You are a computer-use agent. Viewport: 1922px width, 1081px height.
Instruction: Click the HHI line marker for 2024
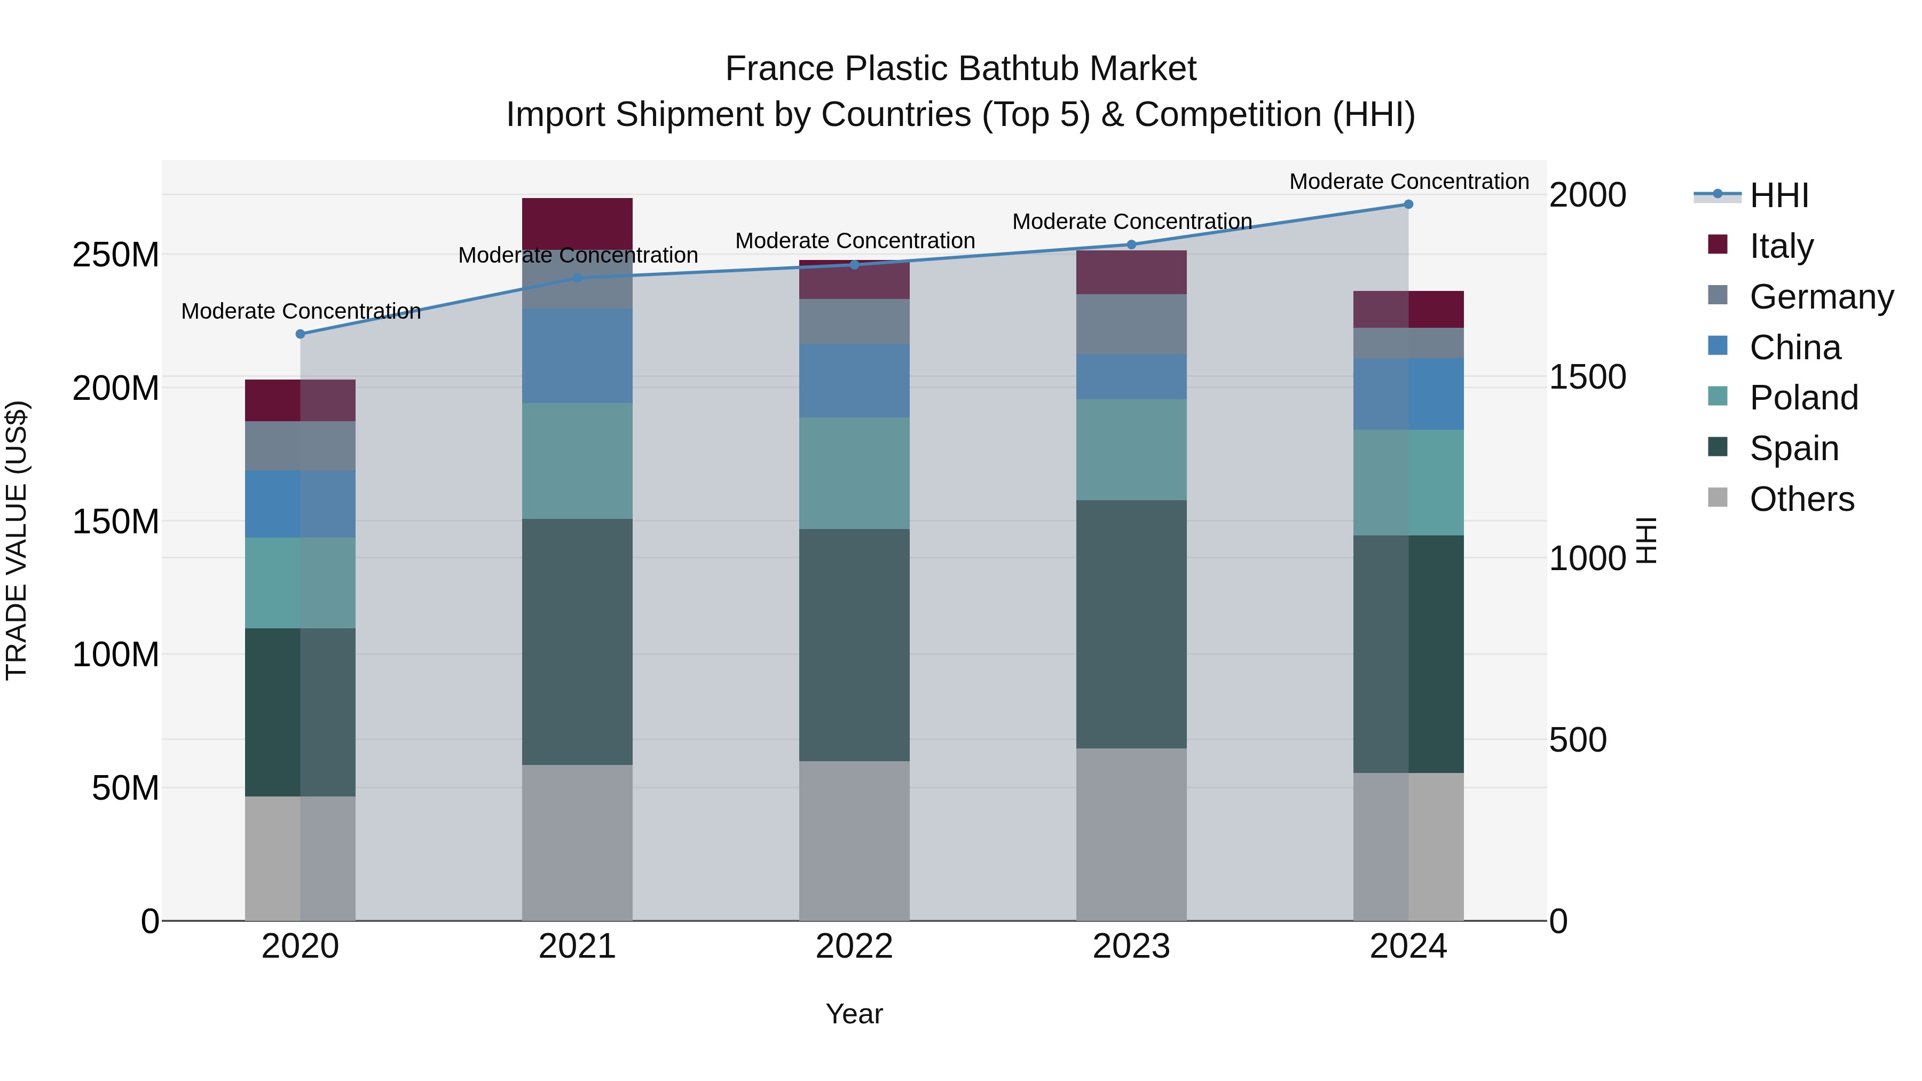click(1408, 204)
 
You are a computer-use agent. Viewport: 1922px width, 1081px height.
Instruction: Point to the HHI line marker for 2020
click(300, 334)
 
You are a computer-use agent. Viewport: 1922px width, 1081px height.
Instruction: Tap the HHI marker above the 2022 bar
click(854, 265)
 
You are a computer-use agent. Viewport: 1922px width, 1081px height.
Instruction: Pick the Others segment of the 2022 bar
click(854, 840)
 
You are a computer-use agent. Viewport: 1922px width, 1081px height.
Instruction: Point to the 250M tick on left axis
click(116, 255)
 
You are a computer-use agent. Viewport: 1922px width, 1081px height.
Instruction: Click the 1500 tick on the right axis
click(1587, 377)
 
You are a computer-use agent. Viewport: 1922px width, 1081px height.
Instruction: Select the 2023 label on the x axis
click(1131, 946)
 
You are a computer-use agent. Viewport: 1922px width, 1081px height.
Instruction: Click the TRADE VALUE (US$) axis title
click(17, 540)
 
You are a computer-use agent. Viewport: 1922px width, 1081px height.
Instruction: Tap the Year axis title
click(854, 1014)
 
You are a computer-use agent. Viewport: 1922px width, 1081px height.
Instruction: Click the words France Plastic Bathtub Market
click(960, 69)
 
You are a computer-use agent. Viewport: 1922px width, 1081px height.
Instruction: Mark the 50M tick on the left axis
click(125, 788)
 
